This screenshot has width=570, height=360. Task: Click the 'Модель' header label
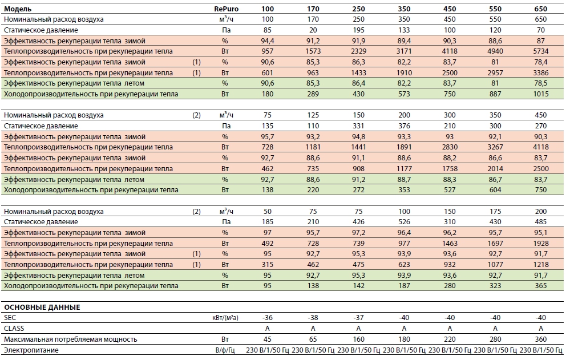coord(18,9)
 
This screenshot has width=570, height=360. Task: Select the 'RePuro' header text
coord(226,9)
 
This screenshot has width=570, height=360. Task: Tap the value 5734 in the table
coord(540,51)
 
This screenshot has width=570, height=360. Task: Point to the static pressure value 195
coord(358,30)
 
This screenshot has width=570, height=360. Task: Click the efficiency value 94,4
coord(268,41)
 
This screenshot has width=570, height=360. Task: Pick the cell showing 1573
coord(313,51)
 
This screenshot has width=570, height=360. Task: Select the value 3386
coord(540,72)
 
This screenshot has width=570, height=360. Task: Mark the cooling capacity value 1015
coord(540,94)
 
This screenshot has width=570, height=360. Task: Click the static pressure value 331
coord(358,126)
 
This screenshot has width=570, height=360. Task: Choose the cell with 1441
coord(358,147)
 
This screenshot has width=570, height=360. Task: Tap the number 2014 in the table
coord(495,169)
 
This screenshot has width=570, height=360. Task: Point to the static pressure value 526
coord(404,222)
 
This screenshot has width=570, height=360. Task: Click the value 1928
coord(540,243)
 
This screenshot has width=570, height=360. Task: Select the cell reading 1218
coord(540,264)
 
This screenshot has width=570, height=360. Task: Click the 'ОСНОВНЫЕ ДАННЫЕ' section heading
coord(42,308)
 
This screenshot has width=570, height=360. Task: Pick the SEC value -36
coord(268,318)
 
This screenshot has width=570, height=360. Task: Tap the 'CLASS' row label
coord(14,329)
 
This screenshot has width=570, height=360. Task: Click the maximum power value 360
coord(540,339)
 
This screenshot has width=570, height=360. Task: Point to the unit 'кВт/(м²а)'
coord(225,318)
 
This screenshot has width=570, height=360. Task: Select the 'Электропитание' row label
coord(31,350)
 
